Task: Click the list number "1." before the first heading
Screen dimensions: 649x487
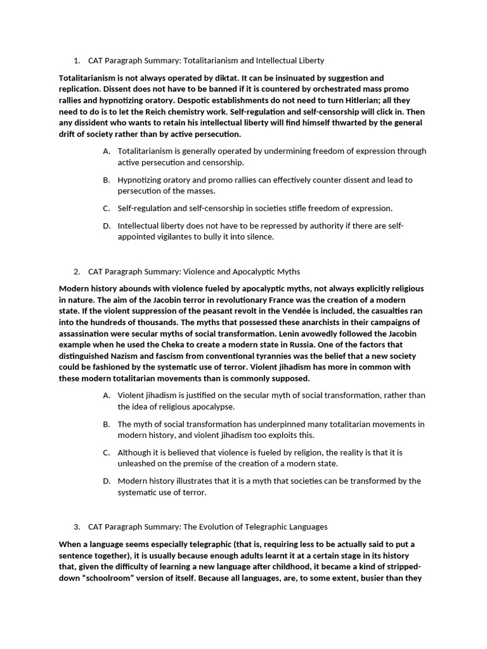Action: pyautogui.click(x=77, y=61)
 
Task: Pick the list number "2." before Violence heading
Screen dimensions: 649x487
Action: pyautogui.click(x=77, y=272)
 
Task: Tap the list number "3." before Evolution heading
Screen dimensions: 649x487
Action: pyautogui.click(x=77, y=527)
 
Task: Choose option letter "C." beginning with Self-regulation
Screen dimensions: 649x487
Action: pyautogui.click(x=106, y=209)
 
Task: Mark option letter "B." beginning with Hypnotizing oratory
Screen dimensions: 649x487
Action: pyautogui.click(x=106, y=180)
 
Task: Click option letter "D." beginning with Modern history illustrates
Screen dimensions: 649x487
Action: pyautogui.click(x=106, y=481)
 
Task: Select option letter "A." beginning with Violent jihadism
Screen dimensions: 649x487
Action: pyautogui.click(x=106, y=395)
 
